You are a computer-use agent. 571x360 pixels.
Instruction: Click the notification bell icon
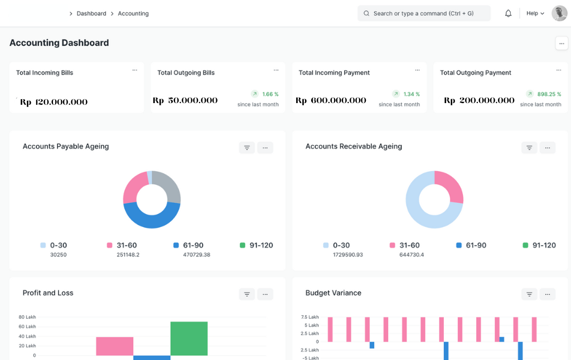[508, 13]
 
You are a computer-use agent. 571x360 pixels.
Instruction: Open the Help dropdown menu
[535, 13]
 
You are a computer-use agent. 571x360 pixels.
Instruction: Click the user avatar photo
[559, 13]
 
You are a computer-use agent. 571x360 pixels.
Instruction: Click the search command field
[424, 13]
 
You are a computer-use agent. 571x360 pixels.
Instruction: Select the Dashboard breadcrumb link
[91, 13]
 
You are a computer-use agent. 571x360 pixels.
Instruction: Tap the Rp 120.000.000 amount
[54, 102]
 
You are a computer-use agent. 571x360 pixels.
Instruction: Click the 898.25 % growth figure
[549, 94]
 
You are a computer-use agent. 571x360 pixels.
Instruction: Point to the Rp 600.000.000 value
[331, 100]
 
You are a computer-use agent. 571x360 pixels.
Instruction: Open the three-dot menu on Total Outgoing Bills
[276, 70]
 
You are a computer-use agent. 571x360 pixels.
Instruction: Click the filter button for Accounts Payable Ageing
[247, 148]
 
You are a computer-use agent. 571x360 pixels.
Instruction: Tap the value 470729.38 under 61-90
[196, 255]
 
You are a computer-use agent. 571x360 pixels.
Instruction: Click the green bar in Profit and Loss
[189, 338]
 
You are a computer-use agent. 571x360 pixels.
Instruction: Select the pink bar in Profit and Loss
[114, 346]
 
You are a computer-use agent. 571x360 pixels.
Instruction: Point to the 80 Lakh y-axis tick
[27, 317]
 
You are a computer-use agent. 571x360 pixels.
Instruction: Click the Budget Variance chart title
[333, 293]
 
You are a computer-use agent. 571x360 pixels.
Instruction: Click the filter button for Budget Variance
[529, 294]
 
